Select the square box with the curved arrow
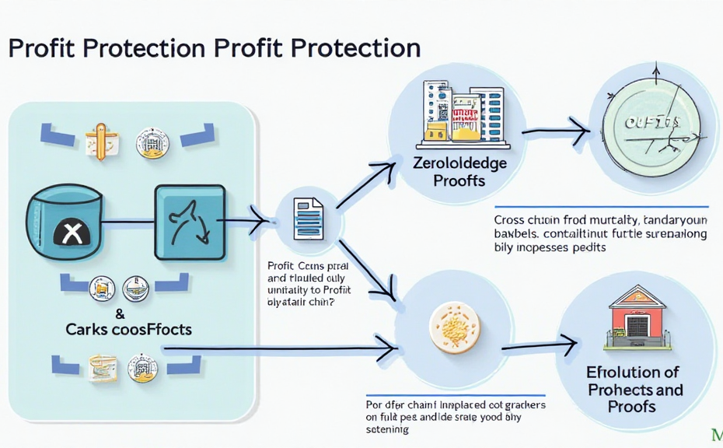[190, 221]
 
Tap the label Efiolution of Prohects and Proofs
[634, 389]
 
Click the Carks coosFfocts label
[128, 328]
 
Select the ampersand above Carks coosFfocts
[120, 313]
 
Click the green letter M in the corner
[716, 432]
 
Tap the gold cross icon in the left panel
[102, 141]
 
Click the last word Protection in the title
[355, 48]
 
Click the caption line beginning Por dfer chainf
[455, 405]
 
